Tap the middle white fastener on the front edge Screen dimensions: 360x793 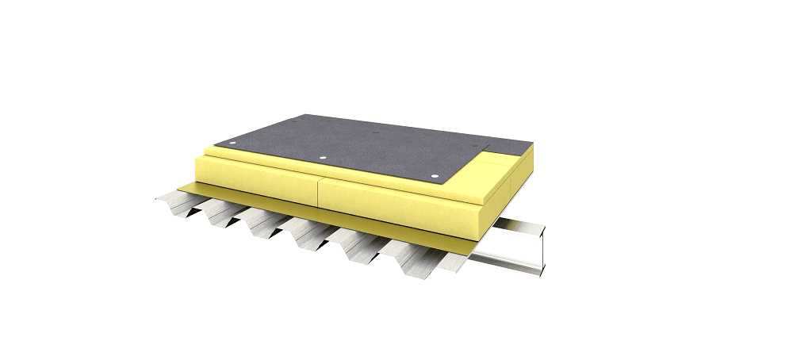[x=323, y=158]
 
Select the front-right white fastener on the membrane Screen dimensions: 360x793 [x=434, y=174]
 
